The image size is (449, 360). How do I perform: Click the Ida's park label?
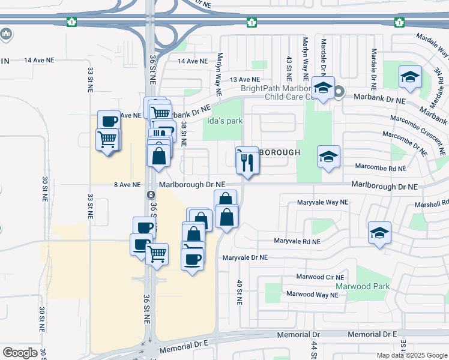click(x=224, y=121)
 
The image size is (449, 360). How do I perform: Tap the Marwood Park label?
click(x=362, y=286)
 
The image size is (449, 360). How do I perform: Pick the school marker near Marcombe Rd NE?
click(x=328, y=157)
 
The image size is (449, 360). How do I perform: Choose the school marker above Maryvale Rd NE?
click(x=379, y=232)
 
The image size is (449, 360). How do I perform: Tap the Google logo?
click(x=20, y=353)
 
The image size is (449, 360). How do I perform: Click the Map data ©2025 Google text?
click(x=412, y=355)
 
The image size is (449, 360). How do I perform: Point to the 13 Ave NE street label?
click(x=245, y=79)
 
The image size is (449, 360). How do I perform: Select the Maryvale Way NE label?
click(x=322, y=203)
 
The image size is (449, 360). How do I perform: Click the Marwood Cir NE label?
click(x=321, y=277)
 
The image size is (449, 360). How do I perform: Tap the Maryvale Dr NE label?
click(x=245, y=257)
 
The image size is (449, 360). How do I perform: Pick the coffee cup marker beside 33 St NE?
click(x=109, y=121)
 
